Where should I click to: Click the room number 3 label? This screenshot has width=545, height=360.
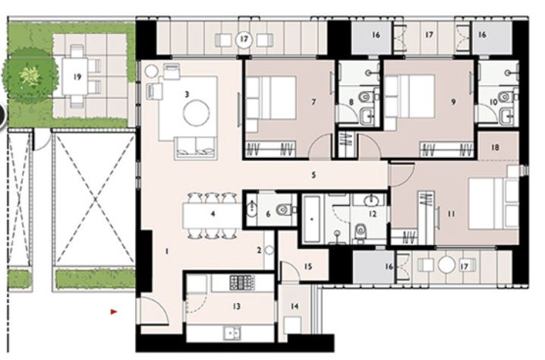point(186,94)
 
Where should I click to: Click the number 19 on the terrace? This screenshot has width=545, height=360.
point(77,76)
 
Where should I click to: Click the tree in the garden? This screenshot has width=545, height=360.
point(31,74)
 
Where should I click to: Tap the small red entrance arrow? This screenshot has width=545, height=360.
point(114,311)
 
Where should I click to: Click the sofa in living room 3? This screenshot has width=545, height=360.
point(195,147)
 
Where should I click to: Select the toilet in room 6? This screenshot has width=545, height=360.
point(283,209)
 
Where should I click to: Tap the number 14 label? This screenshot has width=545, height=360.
point(296,306)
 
